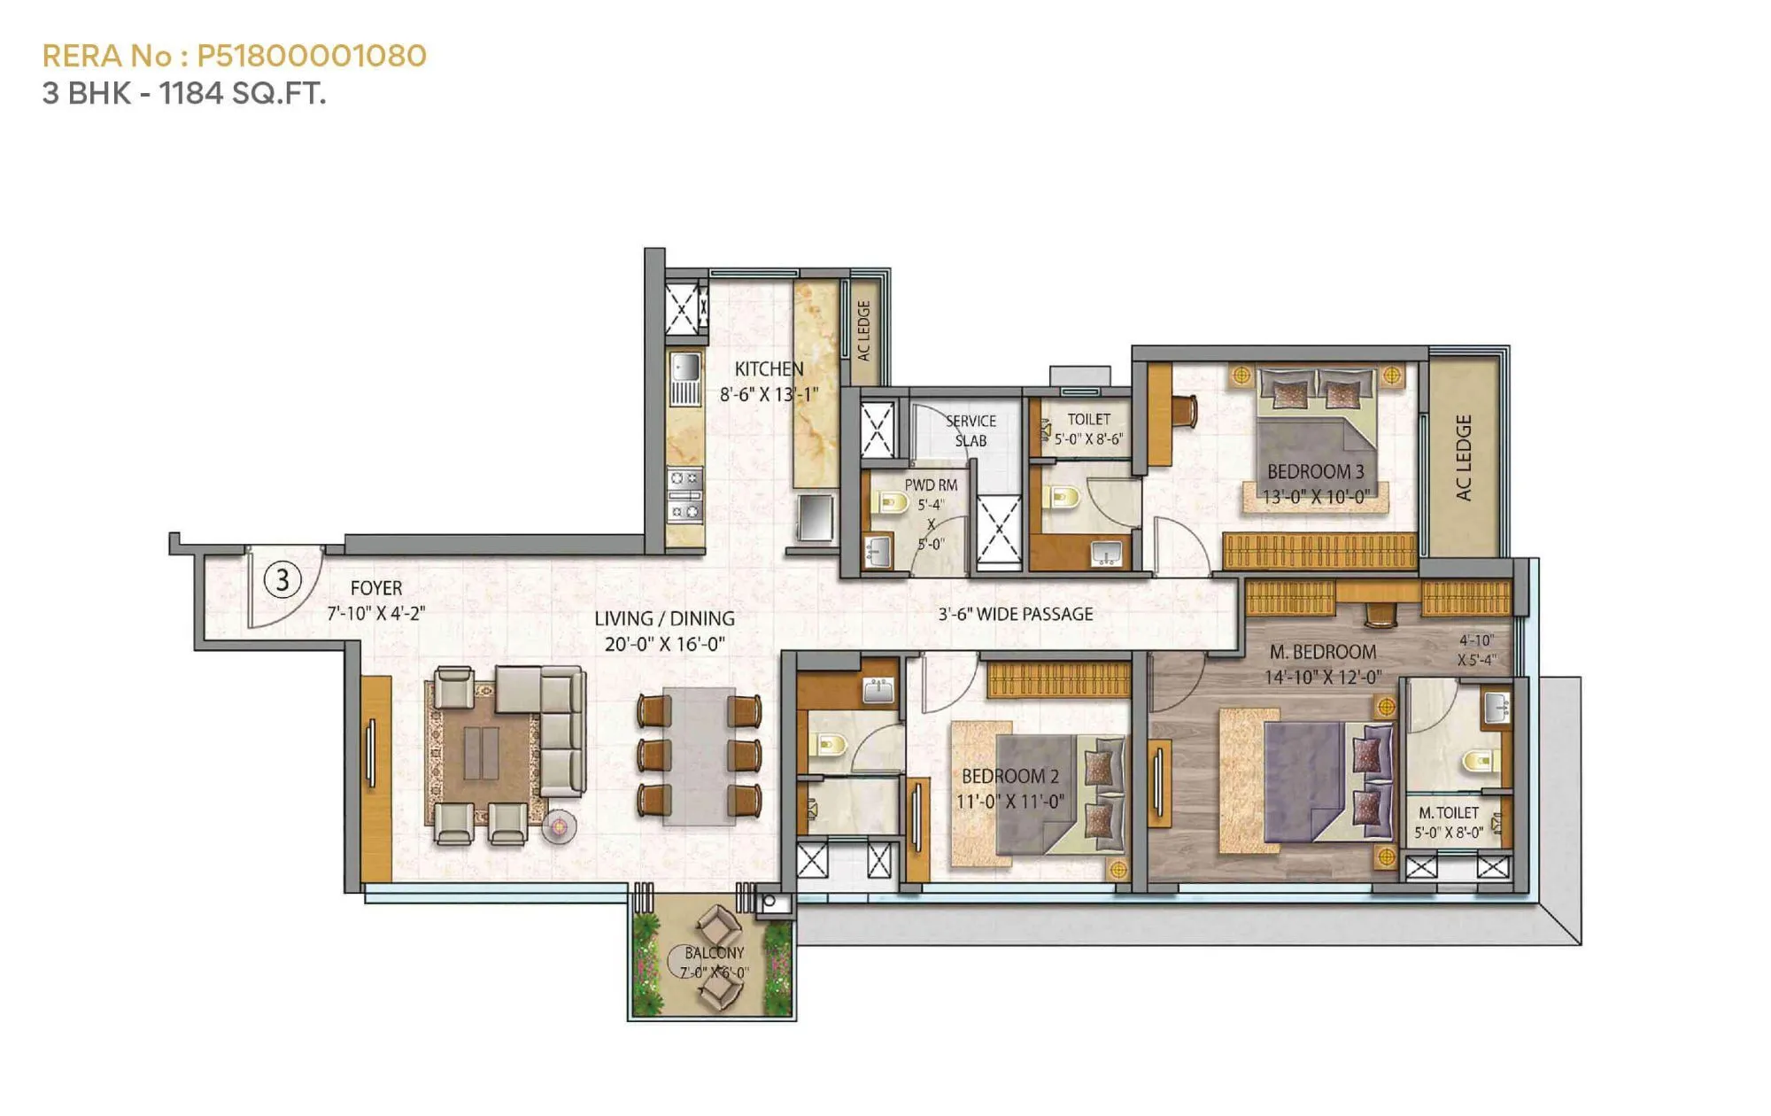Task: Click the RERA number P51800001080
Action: [x=311, y=56]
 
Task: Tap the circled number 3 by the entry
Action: [x=282, y=580]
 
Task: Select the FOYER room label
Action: [x=375, y=588]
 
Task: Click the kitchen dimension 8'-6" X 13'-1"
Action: [x=768, y=394]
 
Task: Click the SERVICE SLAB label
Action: [x=971, y=430]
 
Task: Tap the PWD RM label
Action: [x=931, y=485]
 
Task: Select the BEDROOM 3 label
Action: [x=1315, y=471]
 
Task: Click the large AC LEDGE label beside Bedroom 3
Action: [x=1464, y=457]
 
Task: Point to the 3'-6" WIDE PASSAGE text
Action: [x=1016, y=614]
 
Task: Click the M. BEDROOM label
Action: [x=1323, y=652]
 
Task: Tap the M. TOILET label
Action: [x=1449, y=812]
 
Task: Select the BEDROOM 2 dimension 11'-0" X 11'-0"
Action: [x=1009, y=802]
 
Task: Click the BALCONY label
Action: [x=714, y=953]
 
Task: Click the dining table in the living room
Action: [x=699, y=756]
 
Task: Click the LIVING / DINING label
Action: [x=664, y=618]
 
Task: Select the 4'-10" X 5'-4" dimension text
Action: [x=1476, y=650]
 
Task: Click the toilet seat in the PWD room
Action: [x=890, y=503]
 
